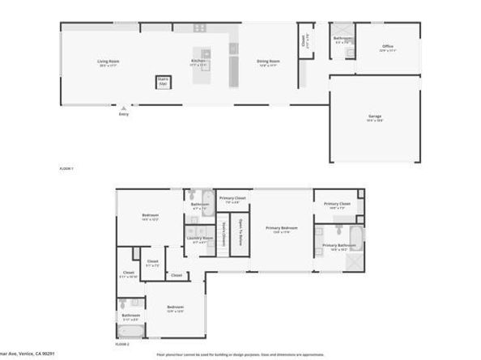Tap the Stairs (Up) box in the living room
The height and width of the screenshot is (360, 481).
click(x=163, y=81)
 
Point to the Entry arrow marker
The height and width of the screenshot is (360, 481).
click(x=124, y=107)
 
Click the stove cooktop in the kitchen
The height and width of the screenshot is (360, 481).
click(x=200, y=28)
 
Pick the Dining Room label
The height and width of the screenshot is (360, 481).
click(x=269, y=61)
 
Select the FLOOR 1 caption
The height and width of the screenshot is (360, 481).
click(x=66, y=168)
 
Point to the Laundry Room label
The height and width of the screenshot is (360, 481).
click(x=199, y=238)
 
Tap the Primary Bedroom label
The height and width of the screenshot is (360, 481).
click(x=281, y=228)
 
